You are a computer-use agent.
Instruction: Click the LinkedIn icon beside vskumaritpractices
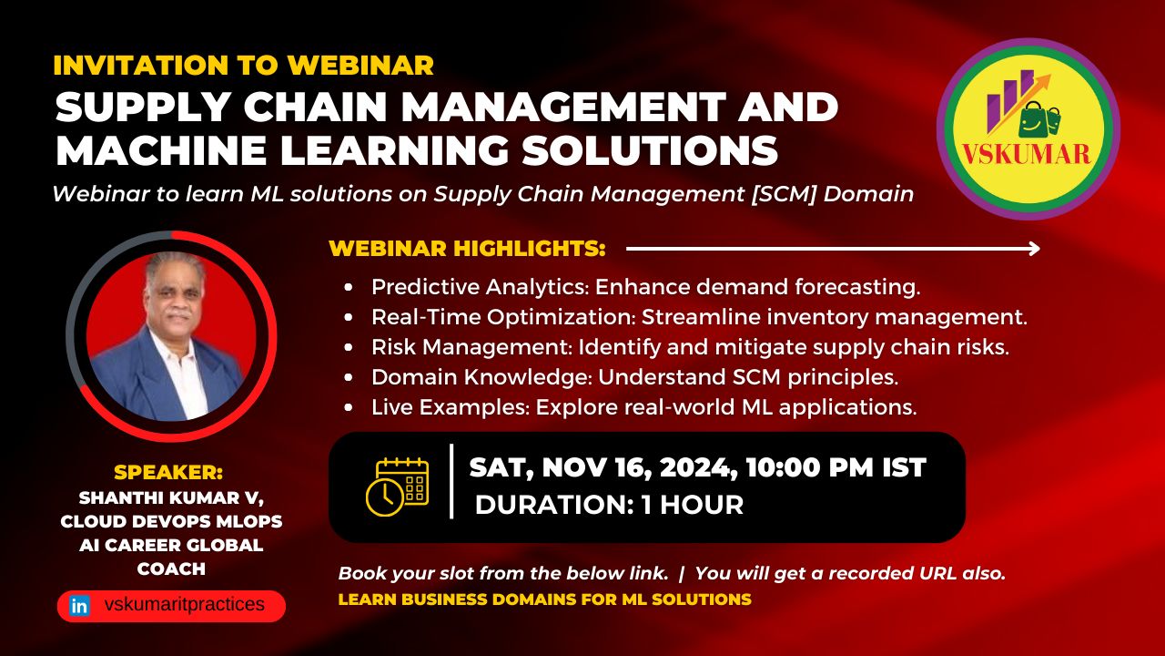tap(79, 606)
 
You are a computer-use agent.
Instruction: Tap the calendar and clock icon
tap(398, 487)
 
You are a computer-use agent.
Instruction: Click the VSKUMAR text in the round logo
tap(1026, 155)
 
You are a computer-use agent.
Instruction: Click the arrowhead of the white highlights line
tap(1035, 249)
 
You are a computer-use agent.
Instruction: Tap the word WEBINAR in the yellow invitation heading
tap(361, 65)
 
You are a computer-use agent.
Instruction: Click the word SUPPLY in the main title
tap(143, 108)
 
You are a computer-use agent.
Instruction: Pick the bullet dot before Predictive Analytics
tap(349, 287)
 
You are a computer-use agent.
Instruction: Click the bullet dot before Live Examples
tap(349, 407)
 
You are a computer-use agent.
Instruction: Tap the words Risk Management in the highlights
tap(471, 347)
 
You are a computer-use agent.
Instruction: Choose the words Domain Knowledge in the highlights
tap(481, 377)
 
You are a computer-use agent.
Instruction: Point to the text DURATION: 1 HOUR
tap(609, 505)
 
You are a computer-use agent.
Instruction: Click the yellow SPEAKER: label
tap(168, 472)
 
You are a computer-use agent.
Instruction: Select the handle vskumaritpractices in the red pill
tap(185, 604)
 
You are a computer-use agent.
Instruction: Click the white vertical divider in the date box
tap(451, 481)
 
